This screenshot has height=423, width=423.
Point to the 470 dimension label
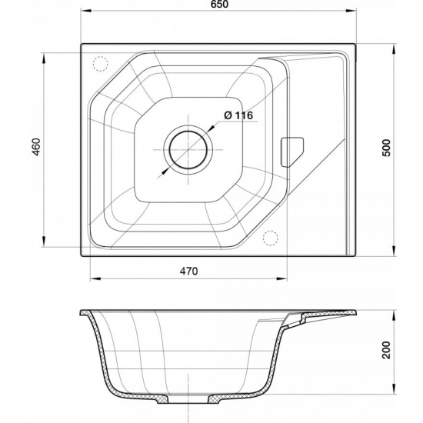pos(189,271)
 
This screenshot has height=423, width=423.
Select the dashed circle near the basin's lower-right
pos(271,238)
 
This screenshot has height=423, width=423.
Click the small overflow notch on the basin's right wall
pos(293,151)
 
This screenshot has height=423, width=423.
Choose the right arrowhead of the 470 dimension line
pos(285,278)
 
